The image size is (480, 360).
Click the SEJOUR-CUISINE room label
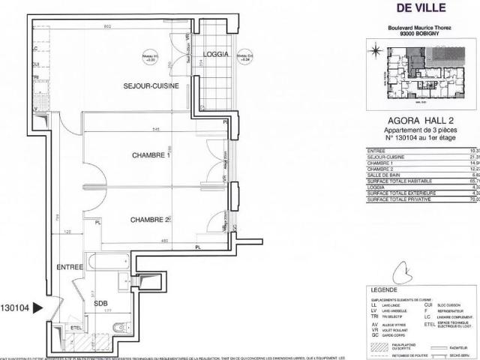pos(151,87)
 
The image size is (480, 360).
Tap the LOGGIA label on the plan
pos(216,55)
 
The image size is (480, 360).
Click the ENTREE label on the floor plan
pos(70,267)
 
